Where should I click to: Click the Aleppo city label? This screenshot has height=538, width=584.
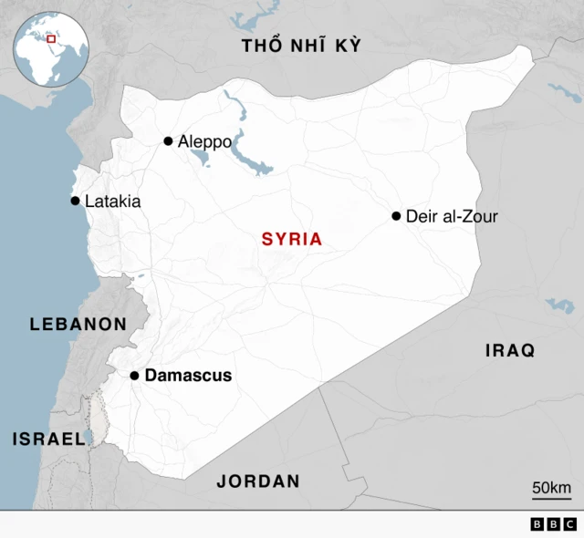click(204, 141)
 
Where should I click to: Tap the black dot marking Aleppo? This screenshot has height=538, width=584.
click(168, 140)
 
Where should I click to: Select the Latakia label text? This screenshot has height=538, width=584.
click(112, 202)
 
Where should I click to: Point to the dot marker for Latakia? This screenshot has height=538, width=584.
click(75, 201)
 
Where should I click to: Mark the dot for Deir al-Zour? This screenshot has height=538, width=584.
click(396, 216)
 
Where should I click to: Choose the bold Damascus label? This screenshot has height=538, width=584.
click(188, 376)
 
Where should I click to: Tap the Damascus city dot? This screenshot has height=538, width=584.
click(134, 376)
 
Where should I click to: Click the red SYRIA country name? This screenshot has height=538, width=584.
click(292, 240)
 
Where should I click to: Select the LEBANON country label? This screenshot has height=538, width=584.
click(78, 324)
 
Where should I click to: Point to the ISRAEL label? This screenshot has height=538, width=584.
click(48, 439)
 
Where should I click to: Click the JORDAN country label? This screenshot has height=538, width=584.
click(258, 481)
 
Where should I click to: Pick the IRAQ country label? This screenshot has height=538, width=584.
click(510, 351)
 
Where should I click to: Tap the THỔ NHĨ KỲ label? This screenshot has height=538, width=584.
click(301, 47)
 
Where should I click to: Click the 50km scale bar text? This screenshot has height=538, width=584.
click(551, 487)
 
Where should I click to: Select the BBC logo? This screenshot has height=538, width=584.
click(553, 524)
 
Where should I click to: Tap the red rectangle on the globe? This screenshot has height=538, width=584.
click(52, 38)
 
